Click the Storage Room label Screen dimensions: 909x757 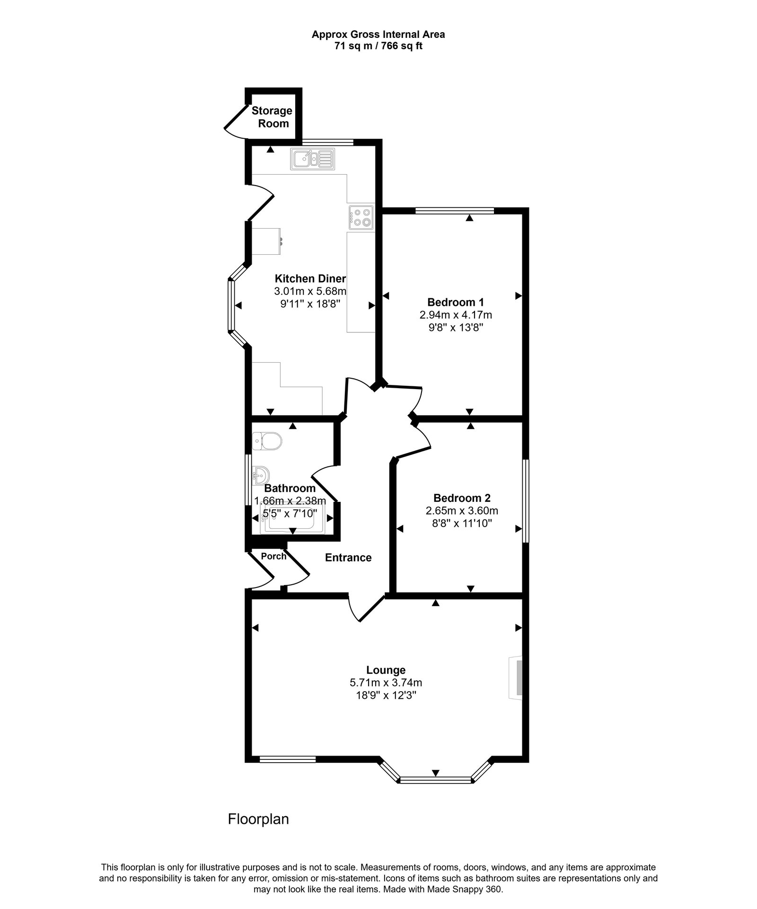point(272,117)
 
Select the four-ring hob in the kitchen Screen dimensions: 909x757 point(361,217)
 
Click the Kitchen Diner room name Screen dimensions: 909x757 point(310,278)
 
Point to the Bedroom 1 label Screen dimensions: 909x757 point(455,302)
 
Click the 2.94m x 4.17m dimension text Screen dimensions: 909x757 point(455,315)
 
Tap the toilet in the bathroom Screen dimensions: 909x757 point(267,442)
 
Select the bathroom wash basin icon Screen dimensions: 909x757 point(261,473)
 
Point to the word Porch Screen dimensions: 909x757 point(273,556)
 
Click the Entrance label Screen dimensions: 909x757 point(348,558)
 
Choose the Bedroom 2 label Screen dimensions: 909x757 point(462,498)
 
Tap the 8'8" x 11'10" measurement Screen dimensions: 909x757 point(462,524)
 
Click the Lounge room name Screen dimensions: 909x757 point(386,670)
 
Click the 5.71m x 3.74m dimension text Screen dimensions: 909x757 point(386,683)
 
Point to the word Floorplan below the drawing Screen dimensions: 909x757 point(258,819)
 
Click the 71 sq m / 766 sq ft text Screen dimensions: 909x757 point(378,46)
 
